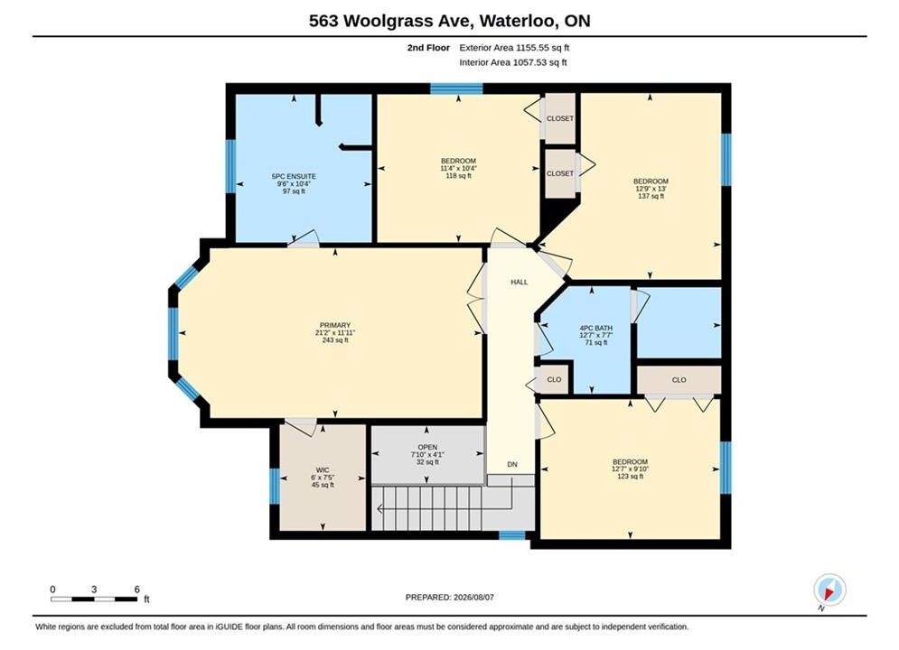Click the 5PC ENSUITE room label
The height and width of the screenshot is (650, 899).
click(x=294, y=176)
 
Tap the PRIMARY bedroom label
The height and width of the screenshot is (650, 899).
click(x=335, y=325)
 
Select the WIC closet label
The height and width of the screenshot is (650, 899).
click(x=323, y=470)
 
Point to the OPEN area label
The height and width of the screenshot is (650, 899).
click(x=427, y=447)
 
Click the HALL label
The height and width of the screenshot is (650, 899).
click(x=520, y=282)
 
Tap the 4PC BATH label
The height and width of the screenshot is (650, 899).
click(x=596, y=328)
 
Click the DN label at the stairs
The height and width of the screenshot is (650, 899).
click(x=512, y=464)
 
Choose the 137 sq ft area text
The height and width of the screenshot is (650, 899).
click(x=651, y=196)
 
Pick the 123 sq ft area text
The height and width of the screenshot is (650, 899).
click(x=630, y=476)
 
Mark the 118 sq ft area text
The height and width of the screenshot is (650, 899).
click(x=459, y=176)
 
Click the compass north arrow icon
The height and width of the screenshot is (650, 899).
click(x=829, y=590)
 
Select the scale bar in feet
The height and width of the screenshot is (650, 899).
click(x=94, y=599)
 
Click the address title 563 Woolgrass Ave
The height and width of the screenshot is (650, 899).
click(x=391, y=21)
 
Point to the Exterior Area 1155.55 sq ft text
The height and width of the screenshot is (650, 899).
click(x=514, y=48)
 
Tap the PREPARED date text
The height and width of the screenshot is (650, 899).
click(x=450, y=598)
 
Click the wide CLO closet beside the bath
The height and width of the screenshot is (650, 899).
click(x=679, y=380)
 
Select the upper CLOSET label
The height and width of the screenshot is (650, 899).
click(x=560, y=118)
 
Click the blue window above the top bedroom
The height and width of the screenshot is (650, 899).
click(x=457, y=88)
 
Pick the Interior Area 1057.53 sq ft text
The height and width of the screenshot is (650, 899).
click(x=513, y=62)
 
